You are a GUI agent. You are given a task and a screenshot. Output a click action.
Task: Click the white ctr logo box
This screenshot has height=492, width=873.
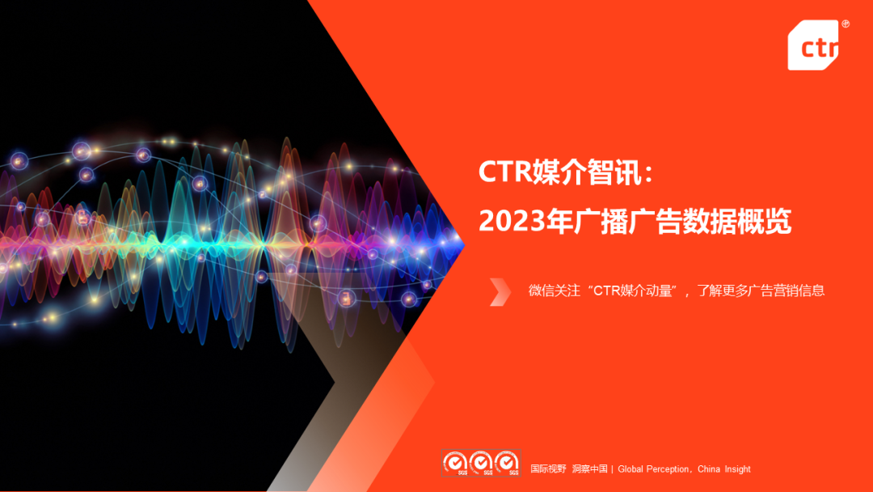(x=813, y=46)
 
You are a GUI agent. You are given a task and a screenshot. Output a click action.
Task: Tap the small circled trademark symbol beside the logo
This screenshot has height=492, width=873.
(x=846, y=25)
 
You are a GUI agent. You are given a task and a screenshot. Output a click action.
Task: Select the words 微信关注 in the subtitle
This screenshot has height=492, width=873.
(x=554, y=291)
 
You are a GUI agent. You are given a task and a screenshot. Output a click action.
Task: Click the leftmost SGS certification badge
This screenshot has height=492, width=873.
(x=455, y=463)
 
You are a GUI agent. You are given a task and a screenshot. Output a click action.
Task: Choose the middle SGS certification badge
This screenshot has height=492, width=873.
(x=481, y=463)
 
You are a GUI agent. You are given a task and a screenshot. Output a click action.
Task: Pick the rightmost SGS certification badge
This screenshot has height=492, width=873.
(x=507, y=463)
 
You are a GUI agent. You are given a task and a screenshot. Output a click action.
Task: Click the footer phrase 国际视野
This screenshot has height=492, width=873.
(x=548, y=469)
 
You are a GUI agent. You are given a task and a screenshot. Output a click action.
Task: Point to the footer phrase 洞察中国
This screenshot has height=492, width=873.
(x=589, y=469)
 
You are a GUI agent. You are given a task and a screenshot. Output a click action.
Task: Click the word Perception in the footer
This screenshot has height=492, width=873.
(x=668, y=469)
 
